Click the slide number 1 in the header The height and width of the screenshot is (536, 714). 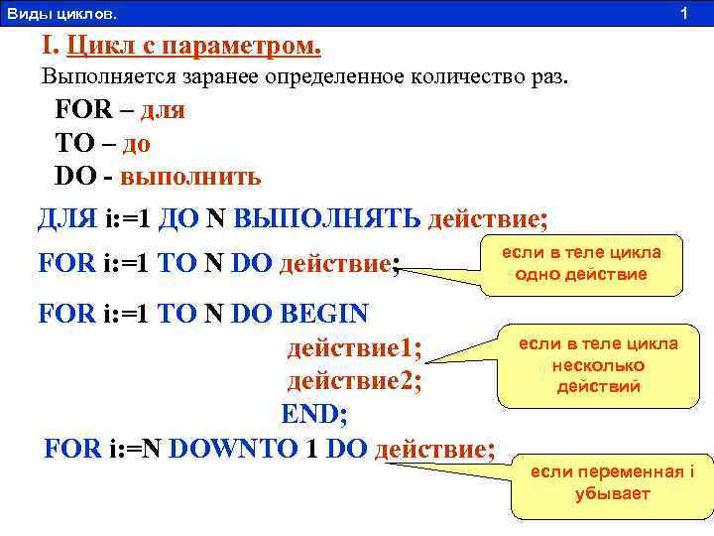[683, 14]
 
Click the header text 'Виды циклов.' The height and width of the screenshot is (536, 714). [60, 14]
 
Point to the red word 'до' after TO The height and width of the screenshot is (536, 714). [137, 144]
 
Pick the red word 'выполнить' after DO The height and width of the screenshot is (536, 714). [190, 178]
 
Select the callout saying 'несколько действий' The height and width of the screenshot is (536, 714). [598, 365]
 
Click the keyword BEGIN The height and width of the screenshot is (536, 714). [324, 314]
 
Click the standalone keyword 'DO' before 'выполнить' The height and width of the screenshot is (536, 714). [75, 178]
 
